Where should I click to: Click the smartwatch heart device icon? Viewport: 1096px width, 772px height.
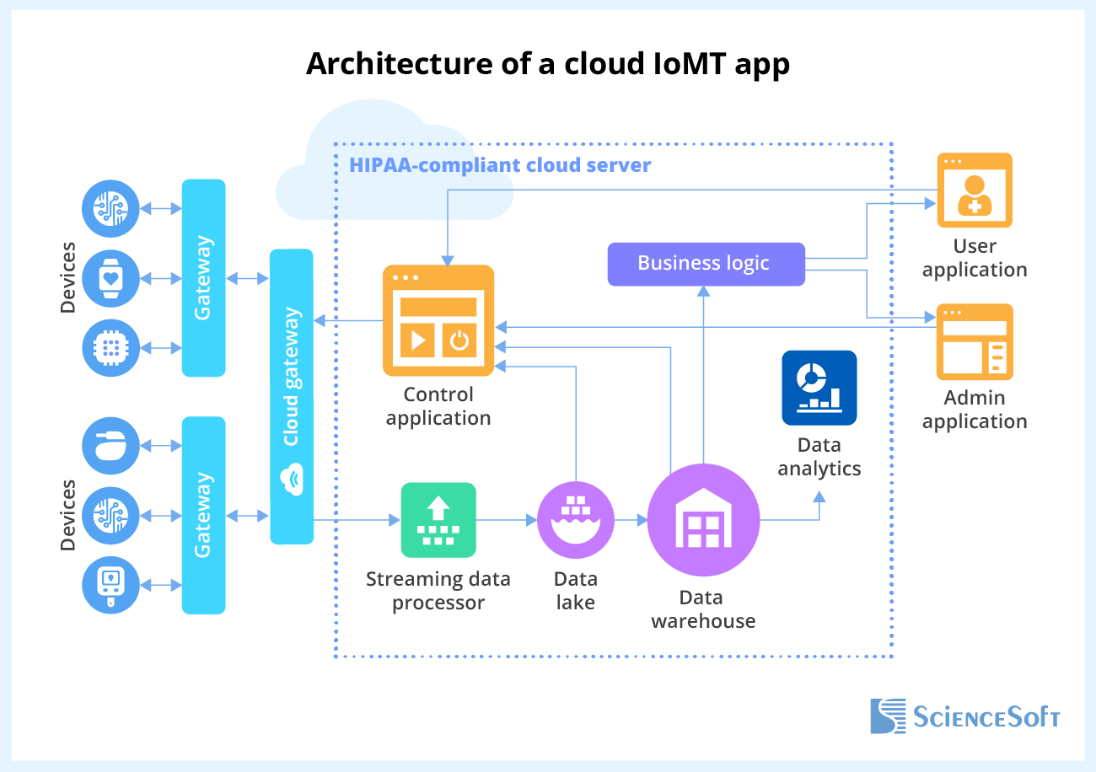tap(110, 277)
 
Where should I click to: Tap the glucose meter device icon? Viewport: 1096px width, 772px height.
tap(110, 586)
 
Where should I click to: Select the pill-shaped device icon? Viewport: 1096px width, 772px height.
tap(110, 446)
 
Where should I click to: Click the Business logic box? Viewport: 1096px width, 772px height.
tap(705, 263)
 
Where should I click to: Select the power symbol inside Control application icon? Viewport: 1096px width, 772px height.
tap(459, 340)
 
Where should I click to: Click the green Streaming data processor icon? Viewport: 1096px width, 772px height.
tap(438, 520)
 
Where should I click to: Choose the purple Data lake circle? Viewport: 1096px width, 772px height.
tap(576, 521)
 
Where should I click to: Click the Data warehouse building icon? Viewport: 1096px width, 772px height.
tap(703, 520)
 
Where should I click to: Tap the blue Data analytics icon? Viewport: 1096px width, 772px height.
tap(819, 388)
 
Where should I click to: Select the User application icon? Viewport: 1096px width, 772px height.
tap(975, 190)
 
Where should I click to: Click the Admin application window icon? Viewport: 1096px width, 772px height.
tap(975, 342)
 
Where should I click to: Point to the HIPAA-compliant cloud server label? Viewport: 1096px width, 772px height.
tap(500, 164)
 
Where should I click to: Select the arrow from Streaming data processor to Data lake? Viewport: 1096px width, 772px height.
tap(507, 521)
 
